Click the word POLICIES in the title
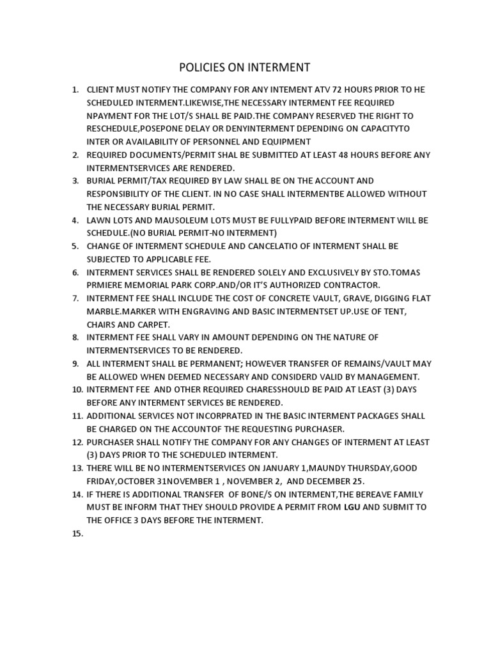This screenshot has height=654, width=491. pos(198,67)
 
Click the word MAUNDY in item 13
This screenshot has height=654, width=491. pos(332,468)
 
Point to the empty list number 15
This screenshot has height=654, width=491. pos(77,533)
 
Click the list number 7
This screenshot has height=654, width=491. pos(75,298)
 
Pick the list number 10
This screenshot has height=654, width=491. pos(77,390)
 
